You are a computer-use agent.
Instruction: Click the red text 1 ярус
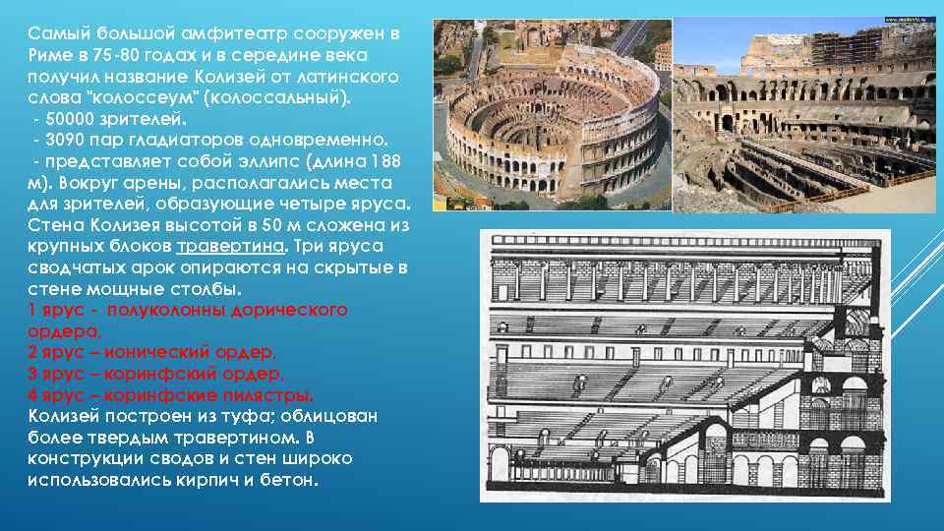[x=60, y=310]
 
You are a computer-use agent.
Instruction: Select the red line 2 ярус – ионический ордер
[x=152, y=352]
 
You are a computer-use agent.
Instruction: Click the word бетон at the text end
[x=292, y=481]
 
